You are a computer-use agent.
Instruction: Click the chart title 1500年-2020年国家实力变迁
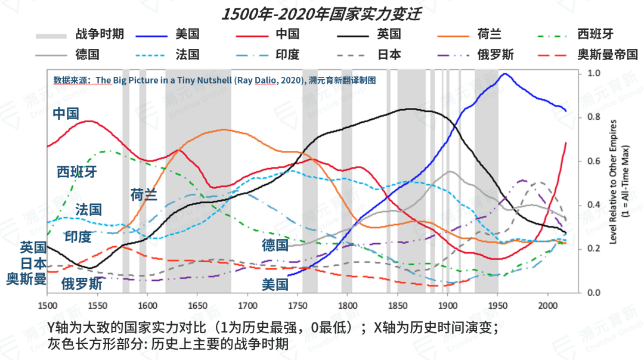coord(321,14)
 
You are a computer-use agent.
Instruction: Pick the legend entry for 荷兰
coord(489,35)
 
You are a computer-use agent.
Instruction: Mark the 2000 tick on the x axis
coord(547,306)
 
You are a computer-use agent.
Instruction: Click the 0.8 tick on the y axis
coord(594,117)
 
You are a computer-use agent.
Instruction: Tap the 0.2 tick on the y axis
coord(594,249)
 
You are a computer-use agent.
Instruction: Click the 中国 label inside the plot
coord(66,113)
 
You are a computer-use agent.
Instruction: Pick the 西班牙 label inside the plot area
coord(76,172)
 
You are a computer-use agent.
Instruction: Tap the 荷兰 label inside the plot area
coord(144,194)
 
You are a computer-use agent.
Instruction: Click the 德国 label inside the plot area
coord(275,245)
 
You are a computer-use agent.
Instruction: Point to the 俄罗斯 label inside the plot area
coord(82,284)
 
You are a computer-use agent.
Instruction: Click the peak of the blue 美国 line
coord(505,74)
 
